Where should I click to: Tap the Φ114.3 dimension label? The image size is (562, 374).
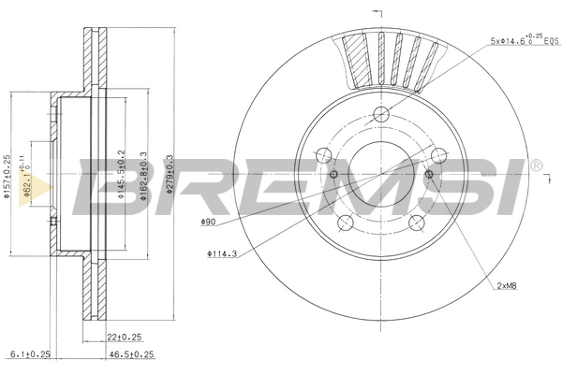223,253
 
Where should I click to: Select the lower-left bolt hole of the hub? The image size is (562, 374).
346,222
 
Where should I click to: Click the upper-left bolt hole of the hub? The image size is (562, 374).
324,155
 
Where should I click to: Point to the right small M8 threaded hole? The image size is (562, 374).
429,174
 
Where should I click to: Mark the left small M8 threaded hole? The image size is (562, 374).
333,174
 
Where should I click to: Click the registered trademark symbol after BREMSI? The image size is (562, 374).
535,165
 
